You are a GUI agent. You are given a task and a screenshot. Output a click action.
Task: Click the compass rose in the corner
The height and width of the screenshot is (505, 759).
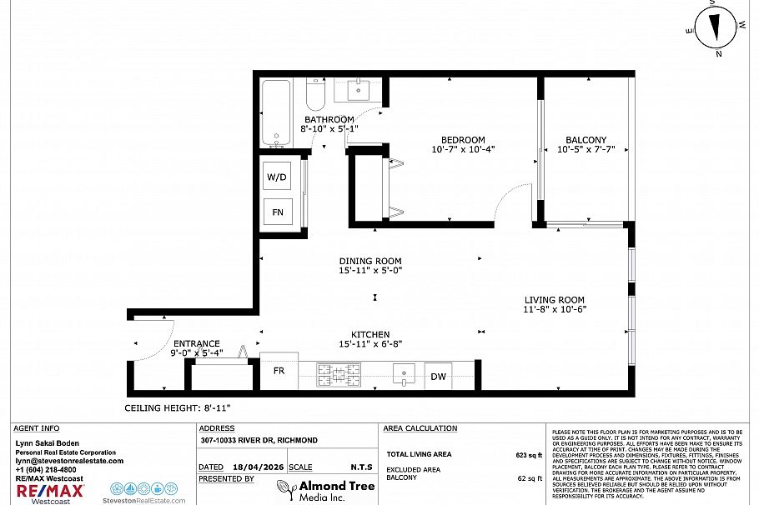click(715, 27)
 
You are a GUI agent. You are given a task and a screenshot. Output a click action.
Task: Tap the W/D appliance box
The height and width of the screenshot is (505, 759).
click(278, 177)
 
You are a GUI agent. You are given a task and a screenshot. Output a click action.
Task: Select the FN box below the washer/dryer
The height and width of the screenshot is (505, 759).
click(278, 212)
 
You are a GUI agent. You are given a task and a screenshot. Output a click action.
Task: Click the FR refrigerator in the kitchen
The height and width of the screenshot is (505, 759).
click(279, 372)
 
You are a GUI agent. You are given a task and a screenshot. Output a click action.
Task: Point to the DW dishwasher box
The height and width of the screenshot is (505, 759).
click(438, 377)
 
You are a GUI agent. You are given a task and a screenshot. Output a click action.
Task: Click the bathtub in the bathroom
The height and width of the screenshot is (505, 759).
click(274, 113)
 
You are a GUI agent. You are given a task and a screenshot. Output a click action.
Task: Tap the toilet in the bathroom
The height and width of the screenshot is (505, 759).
click(315, 96)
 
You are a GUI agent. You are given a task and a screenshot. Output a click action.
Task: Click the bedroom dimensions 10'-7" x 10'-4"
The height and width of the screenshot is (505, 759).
click(463, 150)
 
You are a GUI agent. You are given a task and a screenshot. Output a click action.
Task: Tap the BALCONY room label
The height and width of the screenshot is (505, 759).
click(586, 140)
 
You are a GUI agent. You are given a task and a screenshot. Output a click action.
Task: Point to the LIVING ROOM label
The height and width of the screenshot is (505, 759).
click(554, 300)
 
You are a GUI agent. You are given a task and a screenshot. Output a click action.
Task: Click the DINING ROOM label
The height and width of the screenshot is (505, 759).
click(370, 261)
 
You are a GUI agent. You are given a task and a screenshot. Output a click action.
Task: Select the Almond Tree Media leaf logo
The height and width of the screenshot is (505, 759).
click(286, 489)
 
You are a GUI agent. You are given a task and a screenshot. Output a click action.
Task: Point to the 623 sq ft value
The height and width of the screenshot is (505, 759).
click(528, 455)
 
